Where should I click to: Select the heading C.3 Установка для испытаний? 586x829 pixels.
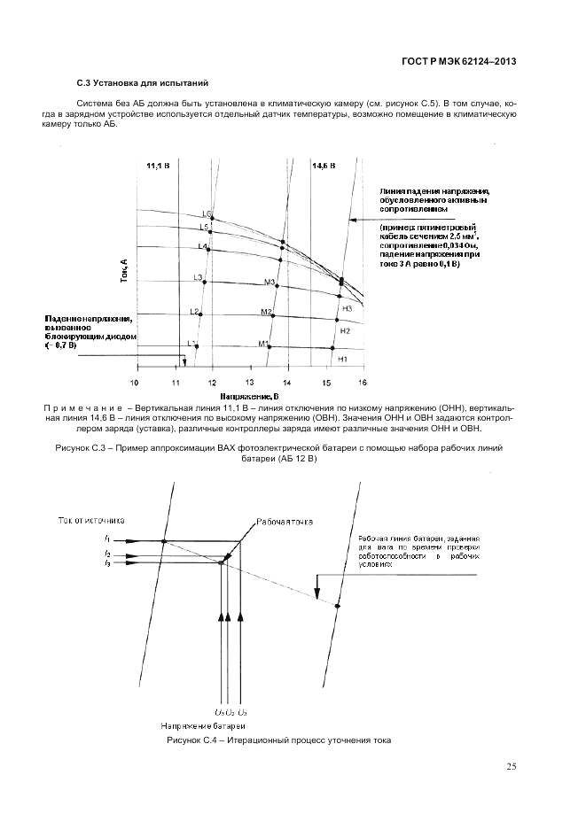[142, 83]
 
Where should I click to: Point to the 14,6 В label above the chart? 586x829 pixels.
[324, 165]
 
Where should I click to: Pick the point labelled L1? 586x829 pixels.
[197, 346]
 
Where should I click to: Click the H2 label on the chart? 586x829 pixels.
[346, 330]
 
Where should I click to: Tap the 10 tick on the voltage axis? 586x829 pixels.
[135, 383]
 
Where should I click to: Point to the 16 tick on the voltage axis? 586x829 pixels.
[362, 383]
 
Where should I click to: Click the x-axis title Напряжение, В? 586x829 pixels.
[249, 396]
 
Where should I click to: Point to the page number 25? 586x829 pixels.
[512, 766]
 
